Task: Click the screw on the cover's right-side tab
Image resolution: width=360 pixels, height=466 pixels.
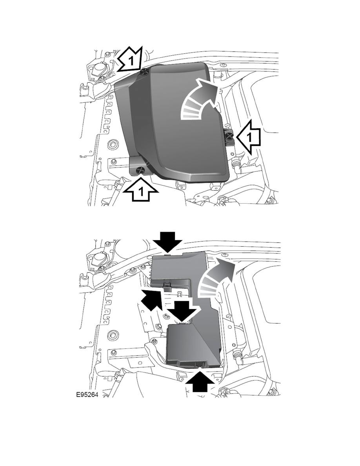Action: [x=228, y=136]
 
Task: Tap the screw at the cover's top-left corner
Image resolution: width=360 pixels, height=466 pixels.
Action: [x=144, y=71]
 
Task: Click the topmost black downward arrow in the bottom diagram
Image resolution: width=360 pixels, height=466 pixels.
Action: [x=168, y=240]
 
